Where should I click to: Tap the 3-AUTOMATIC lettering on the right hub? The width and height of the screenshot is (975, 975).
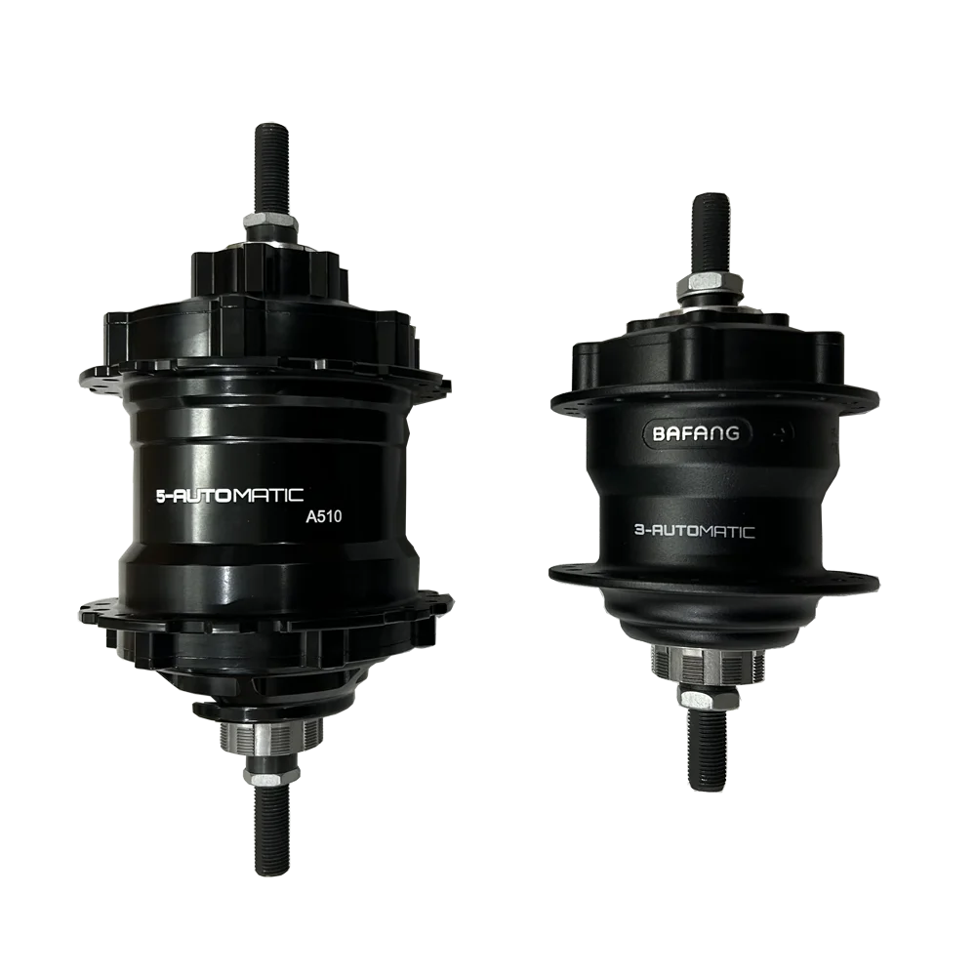pos(694,532)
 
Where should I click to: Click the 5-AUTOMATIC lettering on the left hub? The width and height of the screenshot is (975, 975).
pos(229,496)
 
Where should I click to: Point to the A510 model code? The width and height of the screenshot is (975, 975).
pos(323,516)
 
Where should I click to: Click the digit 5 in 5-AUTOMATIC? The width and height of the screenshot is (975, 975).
pos(160,497)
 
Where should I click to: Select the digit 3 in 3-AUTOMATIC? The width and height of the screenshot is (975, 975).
pos(638,531)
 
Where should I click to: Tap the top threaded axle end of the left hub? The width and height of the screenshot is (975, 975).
pos(272,168)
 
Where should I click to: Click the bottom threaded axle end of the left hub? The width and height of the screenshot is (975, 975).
pos(272,828)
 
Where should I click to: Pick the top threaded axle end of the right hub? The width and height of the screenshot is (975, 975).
pos(711,233)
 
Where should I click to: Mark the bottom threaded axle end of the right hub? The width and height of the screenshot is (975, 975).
pos(708,751)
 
